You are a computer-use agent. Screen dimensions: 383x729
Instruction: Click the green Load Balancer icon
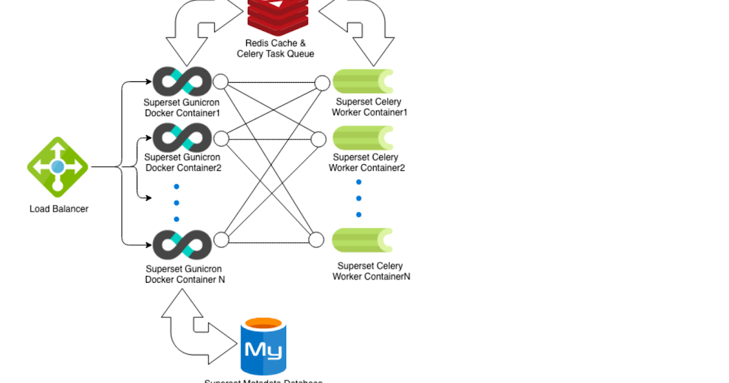point(58,167)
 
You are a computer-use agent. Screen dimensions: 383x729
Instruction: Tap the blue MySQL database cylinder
point(263,347)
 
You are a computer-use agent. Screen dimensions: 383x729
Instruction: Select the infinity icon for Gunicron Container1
point(182,81)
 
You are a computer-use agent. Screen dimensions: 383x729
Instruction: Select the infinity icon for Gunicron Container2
point(182,138)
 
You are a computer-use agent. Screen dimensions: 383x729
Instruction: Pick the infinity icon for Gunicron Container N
point(182,244)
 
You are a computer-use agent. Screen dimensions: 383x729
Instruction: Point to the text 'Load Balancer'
point(59,209)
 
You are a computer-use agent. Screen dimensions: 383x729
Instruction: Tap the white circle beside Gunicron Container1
point(220,81)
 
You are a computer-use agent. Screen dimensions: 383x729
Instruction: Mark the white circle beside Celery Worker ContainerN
point(317,240)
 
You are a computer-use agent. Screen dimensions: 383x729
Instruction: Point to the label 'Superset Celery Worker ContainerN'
point(371,271)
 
